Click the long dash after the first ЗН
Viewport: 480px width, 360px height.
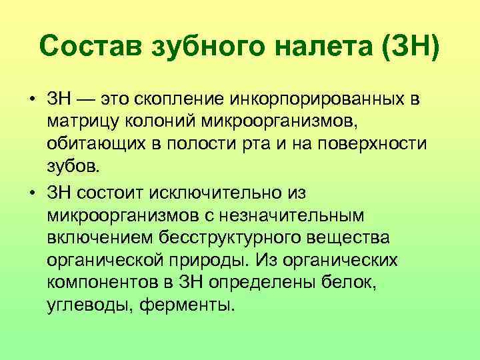point(88,100)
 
